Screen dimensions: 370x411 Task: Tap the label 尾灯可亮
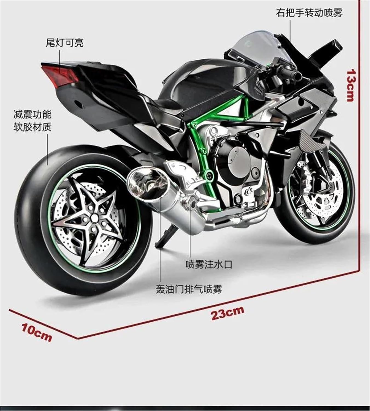(x=65, y=43)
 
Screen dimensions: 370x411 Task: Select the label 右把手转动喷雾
(x=309, y=13)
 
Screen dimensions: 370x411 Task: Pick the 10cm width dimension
(x=36, y=333)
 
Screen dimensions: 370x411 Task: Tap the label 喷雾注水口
(x=209, y=264)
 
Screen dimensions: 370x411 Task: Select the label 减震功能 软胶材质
(x=32, y=121)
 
